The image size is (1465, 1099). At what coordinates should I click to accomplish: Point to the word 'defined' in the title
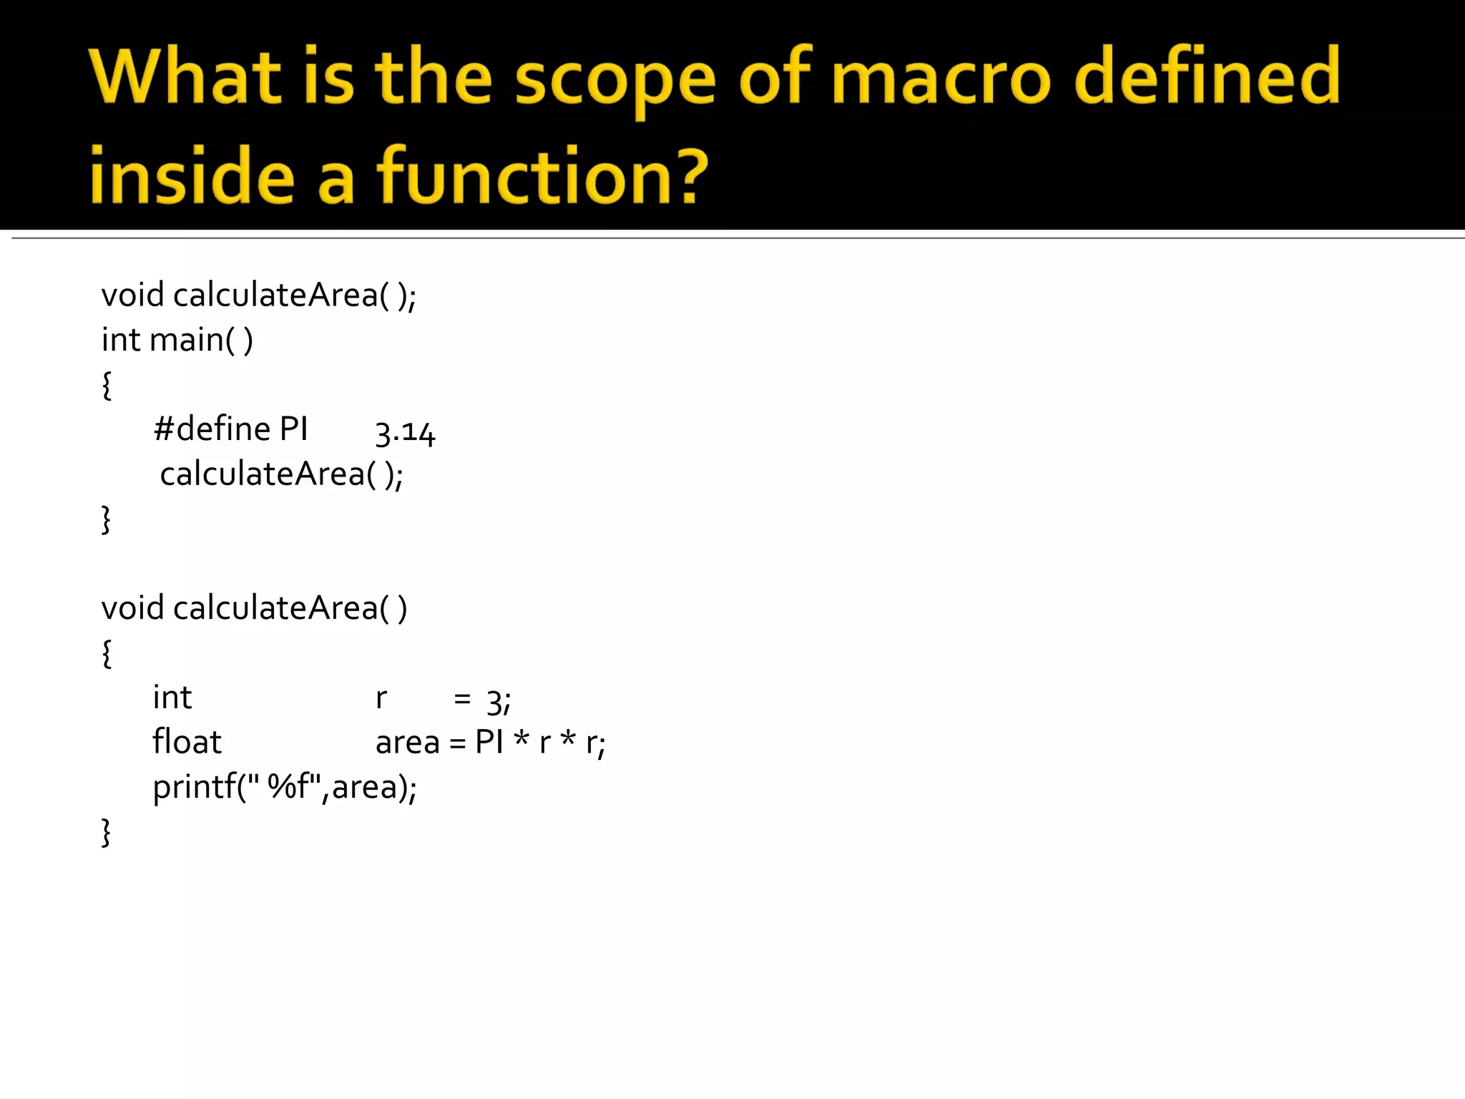click(1207, 76)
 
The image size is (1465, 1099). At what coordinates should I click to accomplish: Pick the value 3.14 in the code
click(405, 432)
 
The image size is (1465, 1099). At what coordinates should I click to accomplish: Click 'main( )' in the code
click(201, 340)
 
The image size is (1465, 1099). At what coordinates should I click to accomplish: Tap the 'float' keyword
click(187, 742)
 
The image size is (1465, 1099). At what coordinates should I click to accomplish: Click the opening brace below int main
click(107, 385)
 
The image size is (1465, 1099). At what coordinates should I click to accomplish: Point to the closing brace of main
click(107, 519)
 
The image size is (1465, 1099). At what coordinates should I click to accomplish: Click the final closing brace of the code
click(107, 833)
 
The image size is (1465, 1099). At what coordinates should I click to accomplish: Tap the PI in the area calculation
click(489, 742)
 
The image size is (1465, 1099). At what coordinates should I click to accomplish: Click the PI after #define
click(293, 429)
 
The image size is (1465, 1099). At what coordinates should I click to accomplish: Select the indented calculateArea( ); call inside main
click(281, 474)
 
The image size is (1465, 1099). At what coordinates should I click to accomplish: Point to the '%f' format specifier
click(287, 786)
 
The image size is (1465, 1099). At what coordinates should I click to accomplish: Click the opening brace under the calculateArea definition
click(107, 653)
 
